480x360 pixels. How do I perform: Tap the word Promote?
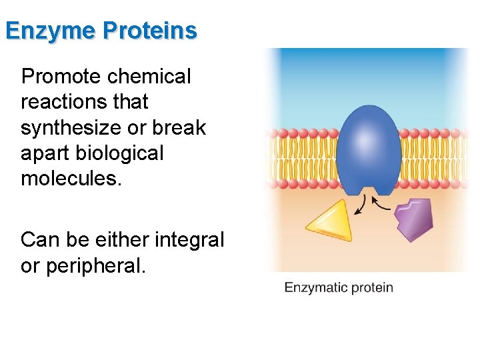(59, 77)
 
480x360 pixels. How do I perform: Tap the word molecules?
(71, 178)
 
